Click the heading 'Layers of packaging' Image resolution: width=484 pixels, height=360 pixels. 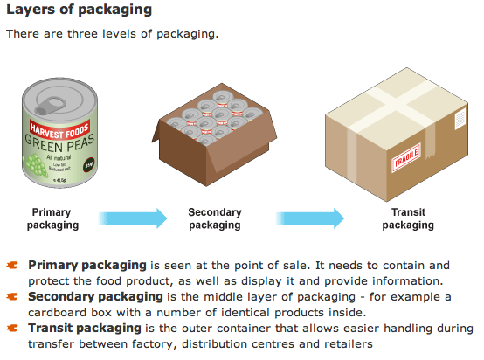pyautogui.click(x=80, y=11)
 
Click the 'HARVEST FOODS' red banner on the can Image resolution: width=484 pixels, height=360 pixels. pyautogui.click(x=56, y=119)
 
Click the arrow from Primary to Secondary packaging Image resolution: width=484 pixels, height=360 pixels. pyautogui.click(x=131, y=218)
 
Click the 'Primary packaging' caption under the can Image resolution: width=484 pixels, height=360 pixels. pyautogui.click(x=52, y=218)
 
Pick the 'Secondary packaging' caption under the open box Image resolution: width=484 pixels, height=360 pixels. pyautogui.click(x=215, y=218)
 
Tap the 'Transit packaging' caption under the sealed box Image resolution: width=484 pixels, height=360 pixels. pyautogui.click(x=407, y=218)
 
